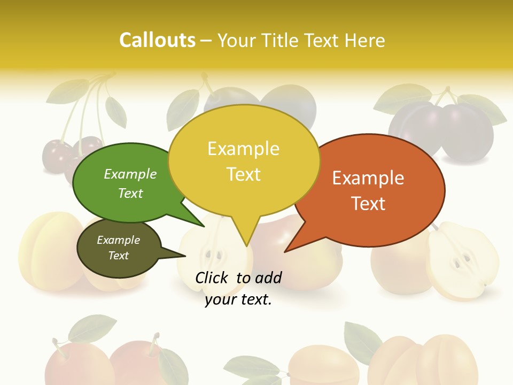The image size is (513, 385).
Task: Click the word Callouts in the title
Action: [x=157, y=40]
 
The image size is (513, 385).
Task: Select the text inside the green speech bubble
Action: [x=130, y=183]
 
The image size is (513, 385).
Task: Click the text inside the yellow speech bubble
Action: [x=244, y=161]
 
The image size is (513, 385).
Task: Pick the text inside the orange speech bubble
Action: [x=368, y=190]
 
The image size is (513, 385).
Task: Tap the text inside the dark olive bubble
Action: [x=119, y=248]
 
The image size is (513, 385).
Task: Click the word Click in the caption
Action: [x=213, y=278]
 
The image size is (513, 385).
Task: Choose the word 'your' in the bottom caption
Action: [x=220, y=299]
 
